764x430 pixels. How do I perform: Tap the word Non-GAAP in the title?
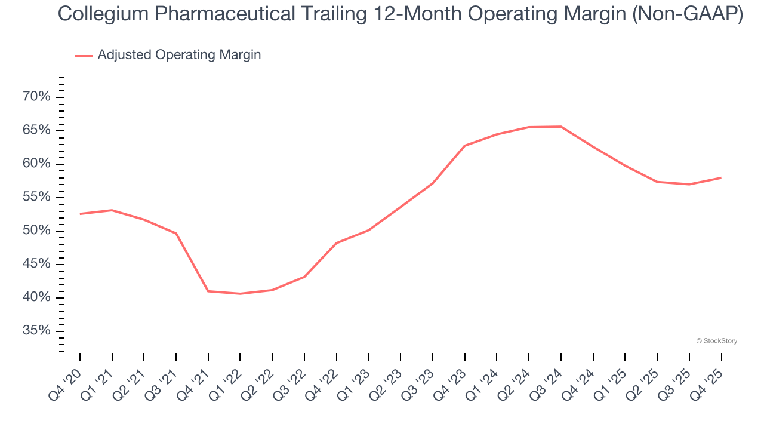click(x=687, y=14)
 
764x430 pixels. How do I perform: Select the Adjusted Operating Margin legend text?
click(x=179, y=55)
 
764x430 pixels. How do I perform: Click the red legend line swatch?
click(x=84, y=56)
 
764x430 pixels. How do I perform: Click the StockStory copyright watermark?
click(x=716, y=341)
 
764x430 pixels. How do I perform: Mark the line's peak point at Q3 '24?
click(x=561, y=127)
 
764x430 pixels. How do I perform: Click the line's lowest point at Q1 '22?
click(x=240, y=294)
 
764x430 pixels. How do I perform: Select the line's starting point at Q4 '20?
click(x=80, y=214)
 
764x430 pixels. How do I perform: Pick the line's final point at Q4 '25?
click(x=721, y=177)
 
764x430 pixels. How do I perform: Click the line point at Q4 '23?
click(x=464, y=146)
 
